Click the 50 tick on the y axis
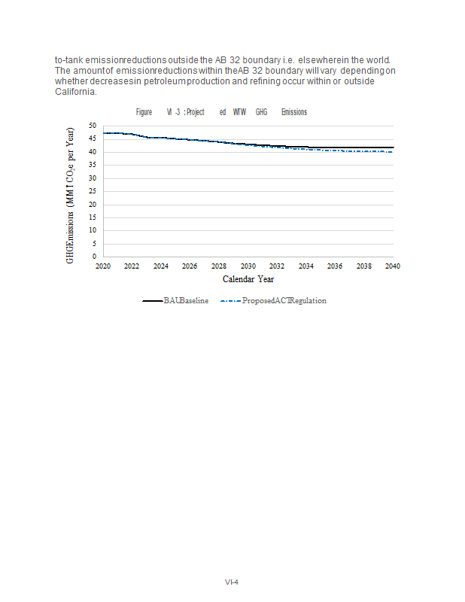pyautogui.click(x=92, y=126)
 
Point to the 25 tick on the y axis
pyautogui.click(x=92, y=191)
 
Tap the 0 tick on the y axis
pyautogui.click(x=93, y=257)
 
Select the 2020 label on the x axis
pyautogui.click(x=103, y=266)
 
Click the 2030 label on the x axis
pyautogui.click(x=248, y=266)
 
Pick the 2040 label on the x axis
pyautogui.click(x=393, y=266)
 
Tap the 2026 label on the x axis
pyautogui.click(x=190, y=266)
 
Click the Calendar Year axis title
pyautogui.click(x=248, y=279)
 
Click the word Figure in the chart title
pyautogui.click(x=144, y=112)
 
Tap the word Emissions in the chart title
pyautogui.click(x=293, y=112)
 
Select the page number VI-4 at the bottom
pyautogui.click(x=232, y=582)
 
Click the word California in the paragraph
pyautogui.click(x=75, y=93)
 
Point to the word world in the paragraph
pyautogui.click(x=384, y=59)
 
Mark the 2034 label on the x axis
pyautogui.click(x=305, y=266)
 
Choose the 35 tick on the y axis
pyautogui.click(x=92, y=165)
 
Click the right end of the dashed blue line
pyautogui.click(x=392, y=151)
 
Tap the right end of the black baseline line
pyautogui.click(x=393, y=147)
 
